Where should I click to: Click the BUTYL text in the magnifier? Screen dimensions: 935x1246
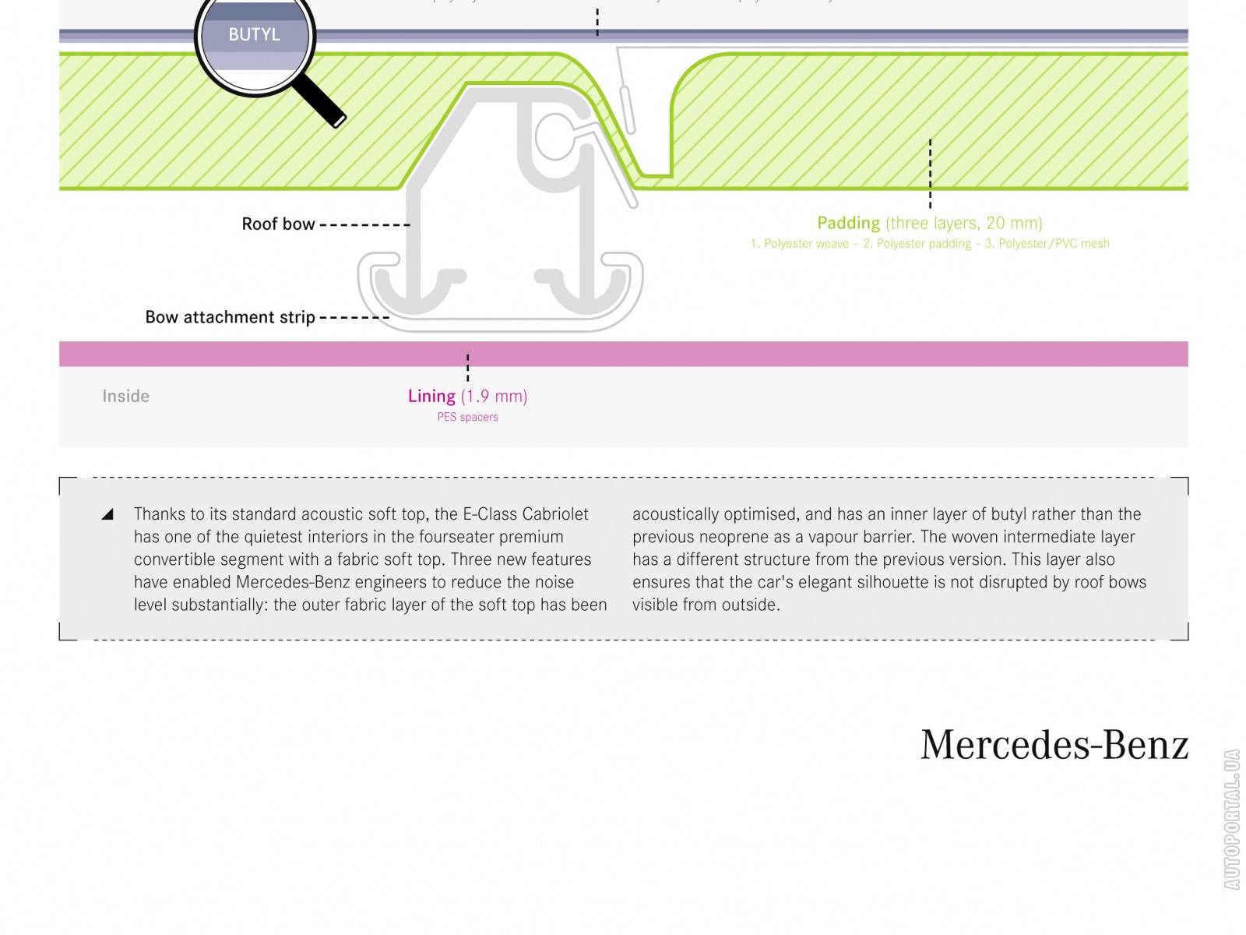tap(254, 34)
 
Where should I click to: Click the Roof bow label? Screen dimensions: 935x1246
tap(278, 224)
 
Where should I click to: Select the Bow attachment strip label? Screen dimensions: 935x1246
tap(230, 317)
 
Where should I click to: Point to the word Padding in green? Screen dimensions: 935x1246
tap(848, 223)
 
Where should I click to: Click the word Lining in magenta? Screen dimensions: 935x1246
tap(431, 396)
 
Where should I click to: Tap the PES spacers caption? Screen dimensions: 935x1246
tap(467, 417)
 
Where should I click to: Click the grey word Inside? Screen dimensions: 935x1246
tap(125, 396)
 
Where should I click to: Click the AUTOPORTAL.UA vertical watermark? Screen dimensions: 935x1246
tap(1231, 819)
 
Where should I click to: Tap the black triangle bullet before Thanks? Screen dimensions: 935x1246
tap(107, 514)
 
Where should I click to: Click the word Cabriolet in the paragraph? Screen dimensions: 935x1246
tap(555, 514)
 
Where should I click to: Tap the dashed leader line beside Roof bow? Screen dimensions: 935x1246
tap(364, 224)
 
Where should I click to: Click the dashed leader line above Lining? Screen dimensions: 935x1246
tap(467, 368)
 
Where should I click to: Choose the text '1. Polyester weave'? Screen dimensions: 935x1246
tap(800, 244)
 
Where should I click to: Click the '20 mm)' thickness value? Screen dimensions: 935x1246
tap(1014, 223)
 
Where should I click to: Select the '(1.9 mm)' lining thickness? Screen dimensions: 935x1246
tap(494, 396)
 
